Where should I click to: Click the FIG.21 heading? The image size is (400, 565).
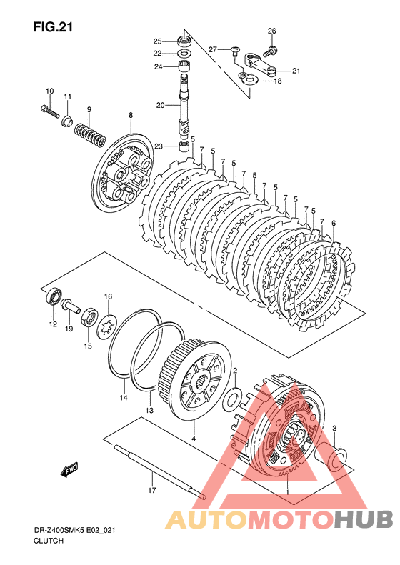click(53, 27)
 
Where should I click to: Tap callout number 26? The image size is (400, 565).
click(272, 31)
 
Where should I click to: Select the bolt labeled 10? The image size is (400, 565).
click(49, 110)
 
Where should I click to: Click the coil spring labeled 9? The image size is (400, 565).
click(90, 134)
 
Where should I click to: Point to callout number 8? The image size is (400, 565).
click(131, 115)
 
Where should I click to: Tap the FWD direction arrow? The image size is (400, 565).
click(69, 469)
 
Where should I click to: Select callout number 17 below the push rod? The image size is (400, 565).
click(152, 490)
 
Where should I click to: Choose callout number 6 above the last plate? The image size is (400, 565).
click(334, 224)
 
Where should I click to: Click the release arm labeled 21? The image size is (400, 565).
click(260, 64)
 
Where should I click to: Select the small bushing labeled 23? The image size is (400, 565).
click(185, 146)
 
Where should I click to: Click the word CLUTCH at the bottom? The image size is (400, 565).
click(49, 541)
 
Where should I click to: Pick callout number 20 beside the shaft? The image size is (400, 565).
click(161, 105)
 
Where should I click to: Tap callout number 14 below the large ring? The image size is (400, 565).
click(124, 398)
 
